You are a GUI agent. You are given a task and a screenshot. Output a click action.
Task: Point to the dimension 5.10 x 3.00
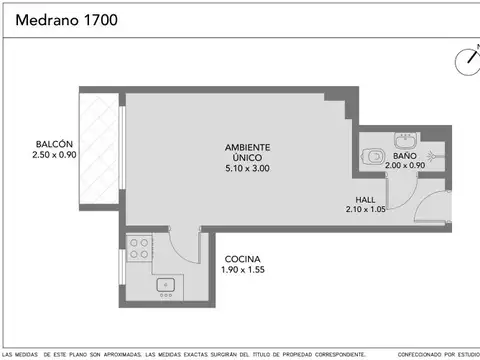coord(247,168)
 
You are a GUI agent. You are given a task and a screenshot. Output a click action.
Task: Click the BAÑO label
coord(404,157)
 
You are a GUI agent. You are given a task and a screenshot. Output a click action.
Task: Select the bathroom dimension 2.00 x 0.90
coord(404,167)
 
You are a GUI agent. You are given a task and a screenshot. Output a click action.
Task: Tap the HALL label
coord(365,199)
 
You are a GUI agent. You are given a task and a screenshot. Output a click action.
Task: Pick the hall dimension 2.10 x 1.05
coord(365,209)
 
